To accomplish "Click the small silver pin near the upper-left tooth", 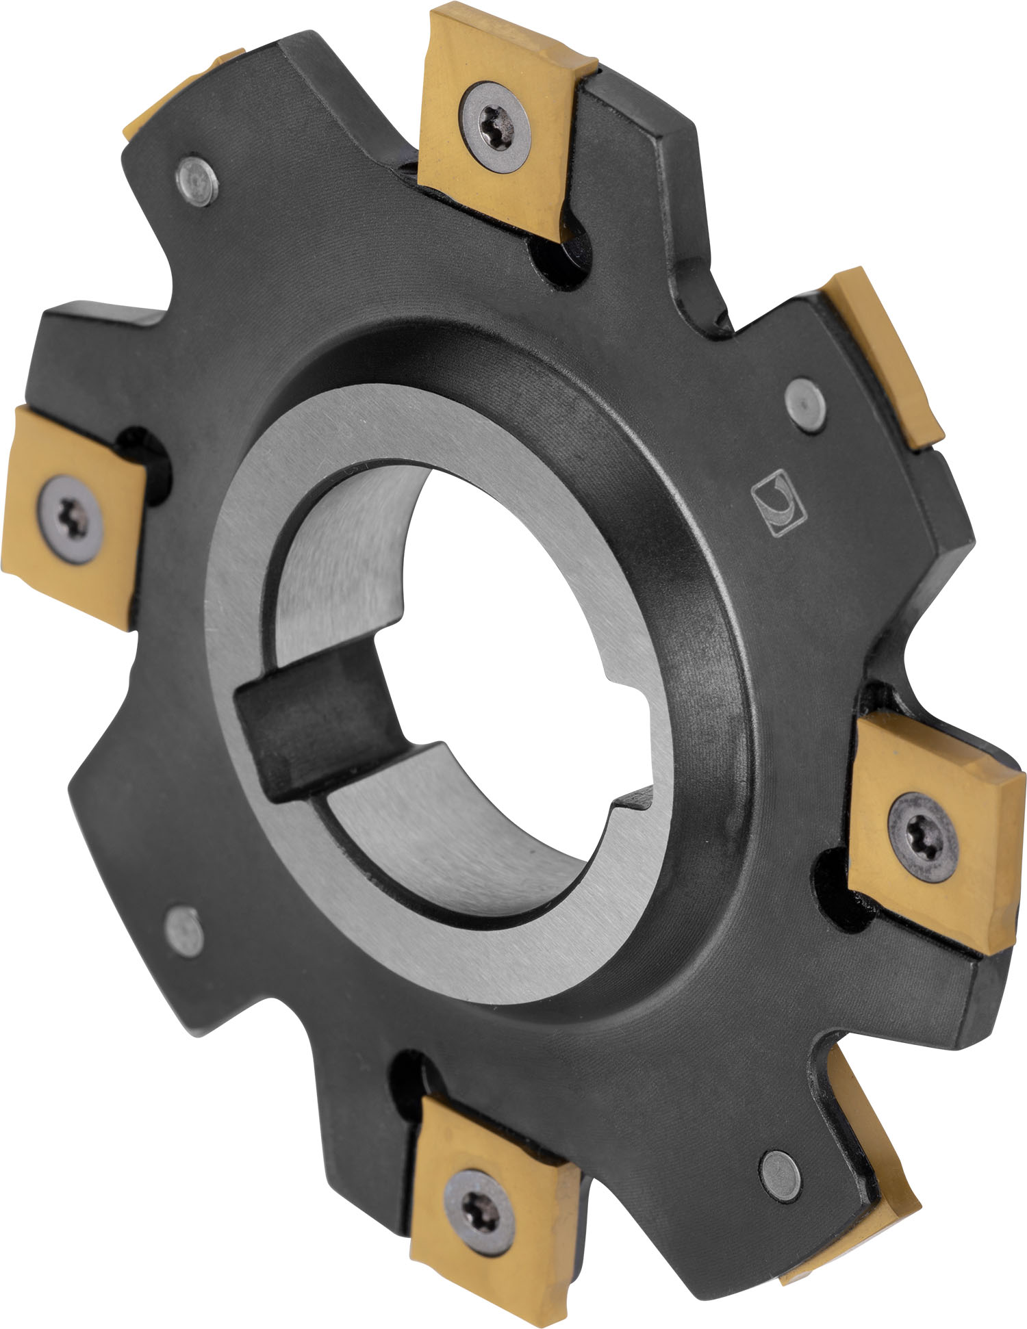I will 198,179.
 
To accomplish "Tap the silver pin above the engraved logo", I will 805,406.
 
